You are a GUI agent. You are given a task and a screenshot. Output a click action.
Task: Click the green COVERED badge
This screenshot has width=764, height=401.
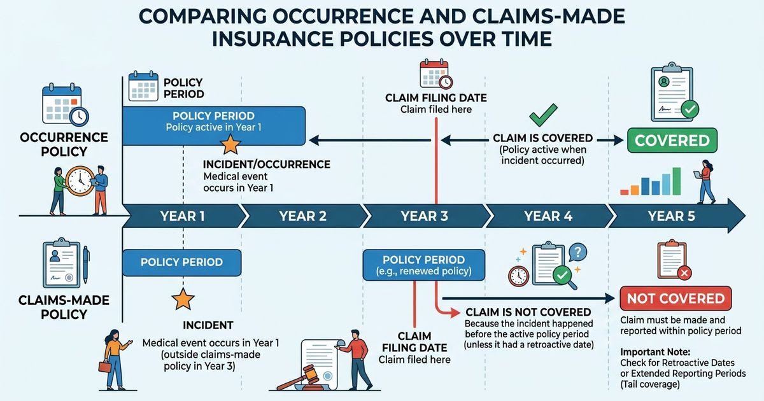tap(672, 140)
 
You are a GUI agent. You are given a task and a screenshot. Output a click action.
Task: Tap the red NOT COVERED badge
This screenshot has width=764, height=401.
tap(676, 299)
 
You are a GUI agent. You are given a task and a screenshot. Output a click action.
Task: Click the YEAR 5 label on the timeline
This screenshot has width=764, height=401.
tap(671, 216)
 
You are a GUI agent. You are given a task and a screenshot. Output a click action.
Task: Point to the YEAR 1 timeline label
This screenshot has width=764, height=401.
tap(182, 216)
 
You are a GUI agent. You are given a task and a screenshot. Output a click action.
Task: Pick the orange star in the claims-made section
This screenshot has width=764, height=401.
tap(183, 298)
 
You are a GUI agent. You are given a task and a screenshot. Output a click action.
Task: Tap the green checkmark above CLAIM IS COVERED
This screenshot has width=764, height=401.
tap(543, 116)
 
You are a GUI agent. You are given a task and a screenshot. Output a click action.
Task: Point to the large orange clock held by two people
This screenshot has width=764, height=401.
tap(80, 180)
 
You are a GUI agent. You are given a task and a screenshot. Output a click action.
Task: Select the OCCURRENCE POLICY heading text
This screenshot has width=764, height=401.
tap(64, 144)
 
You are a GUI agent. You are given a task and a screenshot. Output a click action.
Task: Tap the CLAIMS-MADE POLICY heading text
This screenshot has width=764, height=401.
tap(64, 307)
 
